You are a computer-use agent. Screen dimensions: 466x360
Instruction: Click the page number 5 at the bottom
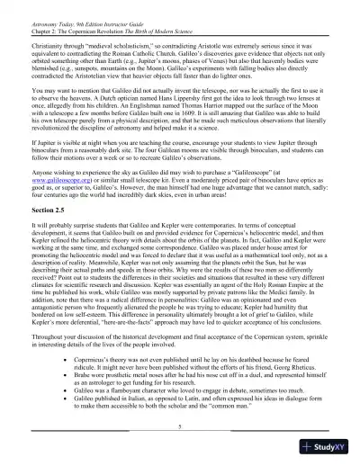coord(180,426)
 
